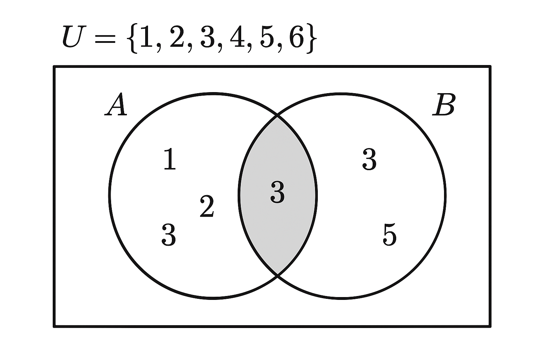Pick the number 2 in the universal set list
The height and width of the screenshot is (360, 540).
(x=177, y=37)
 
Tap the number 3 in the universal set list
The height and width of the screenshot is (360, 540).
(x=207, y=37)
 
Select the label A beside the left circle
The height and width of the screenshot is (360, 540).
(x=116, y=105)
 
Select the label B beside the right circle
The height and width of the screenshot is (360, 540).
(x=444, y=105)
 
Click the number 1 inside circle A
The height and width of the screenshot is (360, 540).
(x=170, y=159)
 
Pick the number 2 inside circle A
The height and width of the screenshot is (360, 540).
(x=207, y=206)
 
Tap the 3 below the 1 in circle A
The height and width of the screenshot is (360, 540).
(x=168, y=235)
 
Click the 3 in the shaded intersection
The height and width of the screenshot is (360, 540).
(x=277, y=192)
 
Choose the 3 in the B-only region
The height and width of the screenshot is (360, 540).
(x=369, y=159)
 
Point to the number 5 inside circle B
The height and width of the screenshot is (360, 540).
(x=390, y=234)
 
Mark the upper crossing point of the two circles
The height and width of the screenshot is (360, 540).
(x=277, y=115)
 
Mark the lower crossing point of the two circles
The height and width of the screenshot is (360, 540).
(x=277, y=275)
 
